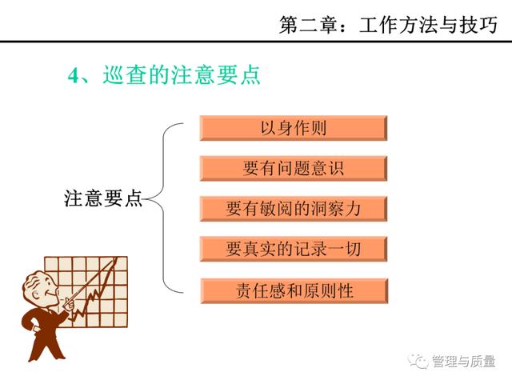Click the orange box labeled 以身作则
click(x=294, y=128)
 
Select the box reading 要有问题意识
click(x=294, y=169)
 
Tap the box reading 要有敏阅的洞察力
click(x=294, y=209)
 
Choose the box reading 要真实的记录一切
click(x=294, y=250)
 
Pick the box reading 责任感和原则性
click(x=294, y=290)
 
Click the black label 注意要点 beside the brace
click(x=103, y=198)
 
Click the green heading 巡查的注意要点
click(x=182, y=74)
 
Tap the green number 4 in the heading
click(x=73, y=76)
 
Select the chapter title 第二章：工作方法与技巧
click(x=389, y=25)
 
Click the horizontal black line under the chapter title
click(x=256, y=42)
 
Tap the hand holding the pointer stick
click(x=70, y=304)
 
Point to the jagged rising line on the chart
click(x=94, y=290)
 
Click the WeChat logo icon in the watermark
click(x=418, y=361)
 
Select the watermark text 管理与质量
click(x=464, y=361)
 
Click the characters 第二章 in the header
click(x=309, y=25)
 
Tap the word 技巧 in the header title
click(x=478, y=25)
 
